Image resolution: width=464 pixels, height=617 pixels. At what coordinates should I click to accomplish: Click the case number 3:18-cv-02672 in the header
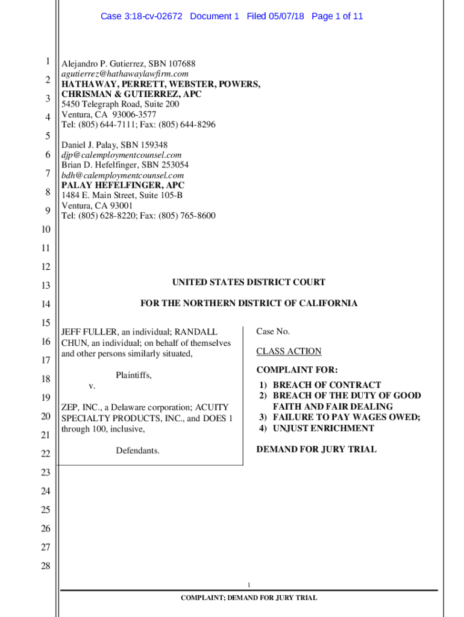[154, 16]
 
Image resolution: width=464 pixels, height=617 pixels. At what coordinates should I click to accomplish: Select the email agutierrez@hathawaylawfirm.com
[125, 74]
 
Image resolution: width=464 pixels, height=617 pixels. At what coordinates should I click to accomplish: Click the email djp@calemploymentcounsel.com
[121, 155]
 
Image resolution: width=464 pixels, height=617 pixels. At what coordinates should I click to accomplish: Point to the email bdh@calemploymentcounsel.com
[122, 175]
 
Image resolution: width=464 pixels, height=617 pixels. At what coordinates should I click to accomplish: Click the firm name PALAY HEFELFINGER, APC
[123, 186]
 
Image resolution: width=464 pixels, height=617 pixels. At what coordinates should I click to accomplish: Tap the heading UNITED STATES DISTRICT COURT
[249, 282]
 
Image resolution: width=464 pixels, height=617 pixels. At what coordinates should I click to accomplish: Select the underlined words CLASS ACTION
[289, 351]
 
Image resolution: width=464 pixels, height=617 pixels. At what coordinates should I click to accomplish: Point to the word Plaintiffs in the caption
[134, 375]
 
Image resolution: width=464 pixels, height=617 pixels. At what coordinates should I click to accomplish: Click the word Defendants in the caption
[138, 450]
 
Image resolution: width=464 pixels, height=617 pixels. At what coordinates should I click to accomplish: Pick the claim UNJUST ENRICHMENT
[323, 428]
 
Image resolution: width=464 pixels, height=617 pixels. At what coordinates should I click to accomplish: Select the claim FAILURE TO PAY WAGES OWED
[346, 417]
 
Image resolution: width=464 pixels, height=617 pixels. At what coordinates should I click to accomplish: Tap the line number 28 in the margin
[46, 566]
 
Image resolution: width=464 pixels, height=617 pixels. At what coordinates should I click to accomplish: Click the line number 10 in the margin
[46, 230]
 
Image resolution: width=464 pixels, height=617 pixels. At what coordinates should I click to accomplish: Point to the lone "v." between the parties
[92, 386]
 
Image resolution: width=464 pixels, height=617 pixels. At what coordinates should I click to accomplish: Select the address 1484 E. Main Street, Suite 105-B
[122, 196]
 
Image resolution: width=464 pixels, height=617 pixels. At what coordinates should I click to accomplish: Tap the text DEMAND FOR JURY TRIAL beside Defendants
[316, 449]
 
